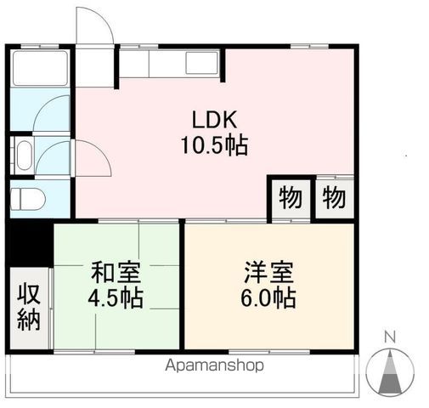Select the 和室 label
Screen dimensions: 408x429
click(116, 274)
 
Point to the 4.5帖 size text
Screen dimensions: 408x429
click(116, 299)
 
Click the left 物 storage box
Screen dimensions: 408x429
click(288, 199)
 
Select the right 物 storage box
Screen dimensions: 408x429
click(334, 199)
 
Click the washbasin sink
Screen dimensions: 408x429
click(22, 156)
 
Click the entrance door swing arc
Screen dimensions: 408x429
click(93, 30)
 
